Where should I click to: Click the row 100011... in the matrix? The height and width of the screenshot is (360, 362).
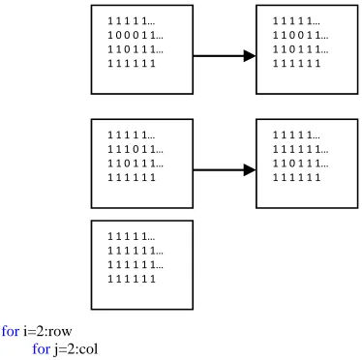pos(136,35)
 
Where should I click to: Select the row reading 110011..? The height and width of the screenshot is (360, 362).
pos(301,35)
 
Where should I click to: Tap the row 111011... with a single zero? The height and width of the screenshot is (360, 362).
pos(136,149)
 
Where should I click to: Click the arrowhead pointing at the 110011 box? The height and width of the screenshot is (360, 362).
pos(250,56)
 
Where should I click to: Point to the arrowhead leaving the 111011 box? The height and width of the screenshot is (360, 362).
pos(250,169)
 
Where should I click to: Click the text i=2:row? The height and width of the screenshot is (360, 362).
pos(47,331)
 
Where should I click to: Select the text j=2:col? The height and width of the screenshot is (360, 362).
pos(75,349)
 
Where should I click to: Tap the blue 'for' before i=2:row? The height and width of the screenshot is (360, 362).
pos(11,331)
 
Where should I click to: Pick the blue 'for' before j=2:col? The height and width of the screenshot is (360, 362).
pos(42,349)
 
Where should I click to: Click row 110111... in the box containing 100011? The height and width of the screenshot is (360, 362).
pos(136,49)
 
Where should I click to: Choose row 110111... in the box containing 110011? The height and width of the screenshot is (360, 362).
pos(301,49)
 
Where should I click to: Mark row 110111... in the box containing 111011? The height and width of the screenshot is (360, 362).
pos(136,164)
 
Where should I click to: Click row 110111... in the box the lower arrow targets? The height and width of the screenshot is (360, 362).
pos(301,164)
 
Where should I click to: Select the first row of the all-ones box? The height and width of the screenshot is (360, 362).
pos(132,237)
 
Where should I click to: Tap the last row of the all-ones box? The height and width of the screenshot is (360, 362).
pos(132,279)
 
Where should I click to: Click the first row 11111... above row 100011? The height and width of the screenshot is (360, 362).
pos(132,21)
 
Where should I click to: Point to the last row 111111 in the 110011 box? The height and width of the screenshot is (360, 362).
pos(297,63)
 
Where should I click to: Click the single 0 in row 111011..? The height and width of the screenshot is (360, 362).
pos(136,149)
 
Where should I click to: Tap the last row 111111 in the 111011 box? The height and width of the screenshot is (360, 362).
pos(132,177)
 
